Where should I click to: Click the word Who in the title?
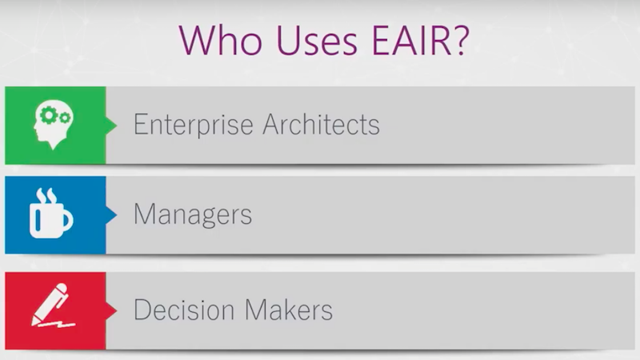221,40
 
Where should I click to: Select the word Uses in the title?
317,41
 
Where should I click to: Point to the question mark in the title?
462,40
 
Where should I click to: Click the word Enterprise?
194,125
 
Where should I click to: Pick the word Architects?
322,124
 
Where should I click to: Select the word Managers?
193,214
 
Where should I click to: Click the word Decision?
184,310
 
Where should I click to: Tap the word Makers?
289,310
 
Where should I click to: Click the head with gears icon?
54,124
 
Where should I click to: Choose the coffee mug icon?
51,213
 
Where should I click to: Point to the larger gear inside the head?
50,115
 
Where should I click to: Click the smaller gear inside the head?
65,118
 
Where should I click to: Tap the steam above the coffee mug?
46,195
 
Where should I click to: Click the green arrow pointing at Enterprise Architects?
111,125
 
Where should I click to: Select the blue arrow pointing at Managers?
111,214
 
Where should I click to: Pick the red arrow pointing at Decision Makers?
111,310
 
